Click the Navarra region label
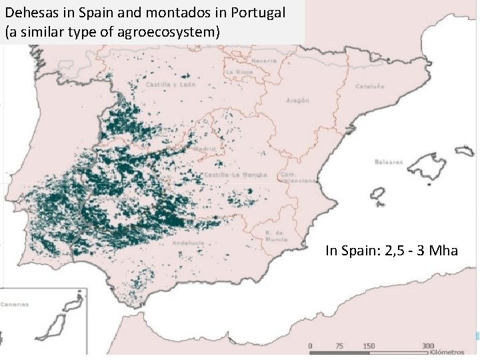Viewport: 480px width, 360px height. pyautogui.click(x=264, y=60)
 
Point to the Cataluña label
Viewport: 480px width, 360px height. pyautogui.click(x=370, y=86)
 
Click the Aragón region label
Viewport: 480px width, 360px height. pyautogui.click(x=297, y=100)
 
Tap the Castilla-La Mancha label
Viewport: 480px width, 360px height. pyautogui.click(x=236, y=175)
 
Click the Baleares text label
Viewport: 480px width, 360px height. pyautogui.click(x=389, y=161)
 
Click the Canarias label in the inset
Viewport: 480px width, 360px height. pyautogui.click(x=15, y=304)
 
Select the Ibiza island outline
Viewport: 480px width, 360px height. pyautogui.click(x=377, y=196)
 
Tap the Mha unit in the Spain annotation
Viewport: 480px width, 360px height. pyautogui.click(x=443, y=251)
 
